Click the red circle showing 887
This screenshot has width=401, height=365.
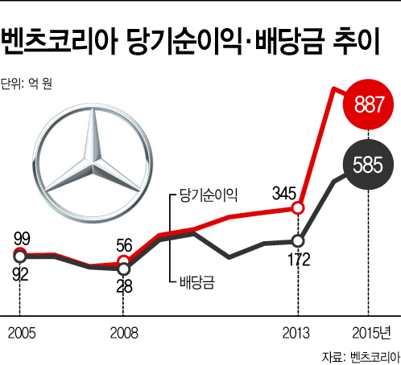(368, 105)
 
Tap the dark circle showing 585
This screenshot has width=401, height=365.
(368, 165)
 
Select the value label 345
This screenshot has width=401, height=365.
(284, 193)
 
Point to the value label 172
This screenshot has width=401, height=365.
(299, 259)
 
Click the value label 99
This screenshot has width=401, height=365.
(22, 239)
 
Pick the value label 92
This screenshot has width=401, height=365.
(20, 274)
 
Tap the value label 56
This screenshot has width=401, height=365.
(124, 245)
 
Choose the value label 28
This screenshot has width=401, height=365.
(124, 286)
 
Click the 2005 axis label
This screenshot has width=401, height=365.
(22, 333)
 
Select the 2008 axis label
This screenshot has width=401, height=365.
(124, 333)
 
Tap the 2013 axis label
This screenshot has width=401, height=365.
(296, 333)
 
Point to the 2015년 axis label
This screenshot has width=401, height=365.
(371, 333)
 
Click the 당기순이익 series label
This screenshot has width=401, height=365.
(209, 195)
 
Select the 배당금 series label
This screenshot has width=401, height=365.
(197, 282)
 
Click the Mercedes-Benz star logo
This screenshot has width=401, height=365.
(93, 163)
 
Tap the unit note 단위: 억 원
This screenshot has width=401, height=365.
(26, 84)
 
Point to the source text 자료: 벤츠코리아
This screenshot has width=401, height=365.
(362, 357)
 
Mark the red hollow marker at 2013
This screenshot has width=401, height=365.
(298, 208)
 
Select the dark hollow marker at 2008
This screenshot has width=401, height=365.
(123, 269)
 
